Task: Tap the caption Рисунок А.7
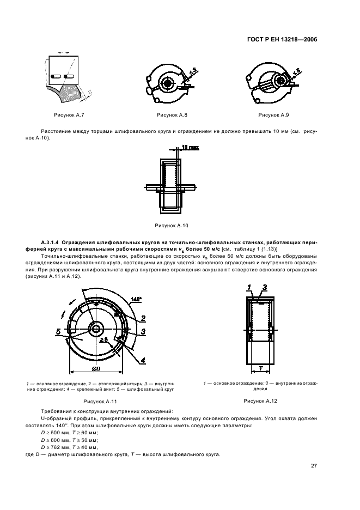click(x=68, y=115)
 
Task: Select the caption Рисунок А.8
click(x=172, y=115)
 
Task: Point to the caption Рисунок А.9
click(x=273, y=115)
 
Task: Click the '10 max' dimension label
click(x=190, y=148)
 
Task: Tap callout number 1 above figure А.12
click(x=250, y=287)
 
